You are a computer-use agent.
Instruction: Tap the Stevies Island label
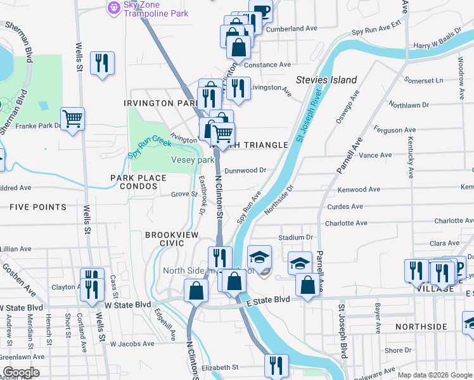[x=326, y=80]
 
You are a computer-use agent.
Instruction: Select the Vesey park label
[x=193, y=160]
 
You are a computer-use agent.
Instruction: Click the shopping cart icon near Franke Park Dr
[x=73, y=118]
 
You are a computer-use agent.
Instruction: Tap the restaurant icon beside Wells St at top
[x=102, y=62]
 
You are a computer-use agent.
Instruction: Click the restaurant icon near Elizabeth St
[x=276, y=364]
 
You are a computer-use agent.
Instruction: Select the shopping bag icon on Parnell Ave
[x=307, y=284]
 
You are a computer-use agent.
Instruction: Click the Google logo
[x=20, y=372]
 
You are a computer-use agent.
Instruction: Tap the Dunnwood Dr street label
[x=245, y=170]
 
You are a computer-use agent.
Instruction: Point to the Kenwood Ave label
[x=359, y=190]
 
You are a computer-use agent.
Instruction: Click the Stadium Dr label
[x=295, y=237]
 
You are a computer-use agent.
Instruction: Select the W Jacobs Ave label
[x=132, y=344]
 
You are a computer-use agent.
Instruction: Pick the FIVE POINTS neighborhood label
[x=38, y=207]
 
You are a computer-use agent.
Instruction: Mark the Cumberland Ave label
[x=291, y=28]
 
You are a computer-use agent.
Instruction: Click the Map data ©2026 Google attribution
[x=434, y=375]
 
